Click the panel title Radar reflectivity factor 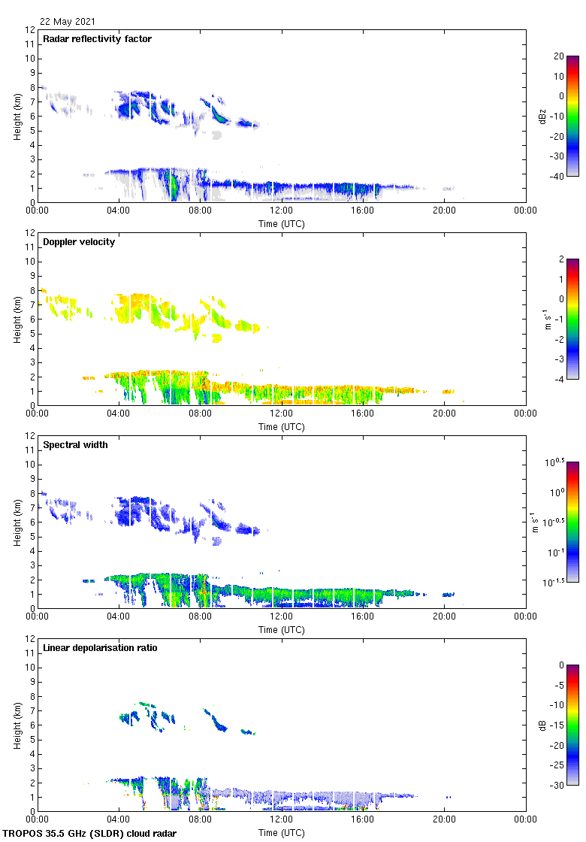pos(98,39)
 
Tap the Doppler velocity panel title pos(79,242)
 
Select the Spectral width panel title pos(75,445)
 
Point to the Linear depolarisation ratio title pos(100,648)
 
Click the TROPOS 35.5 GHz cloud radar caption pos(90,834)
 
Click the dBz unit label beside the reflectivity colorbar pos(534,116)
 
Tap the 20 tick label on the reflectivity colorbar pos(558,56)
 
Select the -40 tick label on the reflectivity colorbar pos(556,177)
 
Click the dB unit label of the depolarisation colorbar pos(534,725)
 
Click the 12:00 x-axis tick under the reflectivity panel pos(282,211)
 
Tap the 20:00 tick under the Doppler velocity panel pos(444,414)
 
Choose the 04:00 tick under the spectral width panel pos(119,617)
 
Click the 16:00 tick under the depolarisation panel pos(363,820)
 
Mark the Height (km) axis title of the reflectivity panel pos(17,116)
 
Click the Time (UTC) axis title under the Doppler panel pos(282,427)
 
